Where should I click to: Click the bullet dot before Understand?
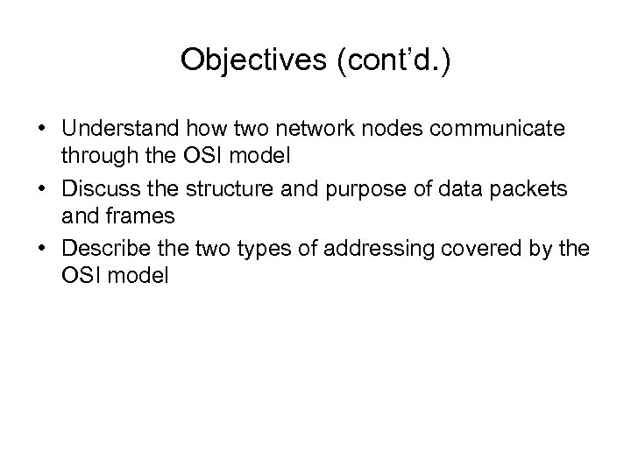pyautogui.click(x=43, y=131)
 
